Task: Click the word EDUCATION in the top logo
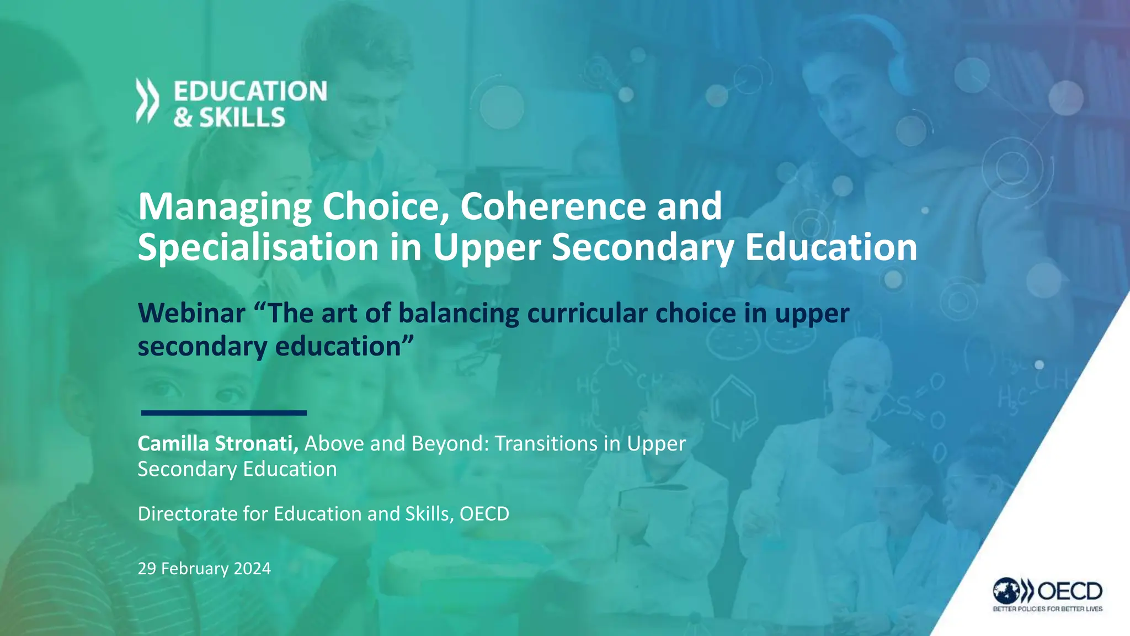tap(250, 91)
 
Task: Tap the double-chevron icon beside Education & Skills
tap(147, 100)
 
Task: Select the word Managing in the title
tap(225, 207)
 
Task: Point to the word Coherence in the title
tap(553, 206)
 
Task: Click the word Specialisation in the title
tap(258, 247)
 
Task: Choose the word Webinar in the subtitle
tap(191, 313)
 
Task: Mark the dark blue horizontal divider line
tap(223, 412)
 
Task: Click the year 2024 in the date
tap(252, 568)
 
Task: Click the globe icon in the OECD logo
tap(1006, 591)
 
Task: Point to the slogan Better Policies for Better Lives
tap(1047, 609)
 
